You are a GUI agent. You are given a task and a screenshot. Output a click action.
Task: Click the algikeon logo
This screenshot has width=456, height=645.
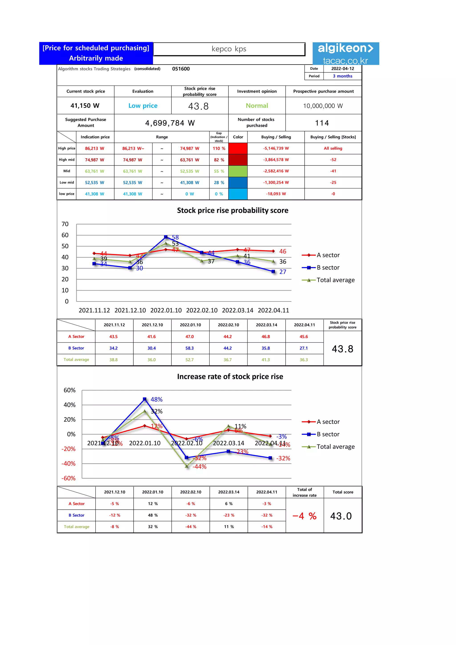point(346,53)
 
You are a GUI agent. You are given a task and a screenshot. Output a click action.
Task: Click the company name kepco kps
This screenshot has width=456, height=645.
point(229,49)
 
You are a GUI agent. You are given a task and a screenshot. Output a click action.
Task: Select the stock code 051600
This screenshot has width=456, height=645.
point(181,69)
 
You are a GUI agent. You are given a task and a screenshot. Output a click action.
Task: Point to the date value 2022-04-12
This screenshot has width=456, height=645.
point(343,69)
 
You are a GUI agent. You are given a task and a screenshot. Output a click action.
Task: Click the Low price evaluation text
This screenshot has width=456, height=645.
point(143,106)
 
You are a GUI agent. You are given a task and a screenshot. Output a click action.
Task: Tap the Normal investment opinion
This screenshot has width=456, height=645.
point(257,106)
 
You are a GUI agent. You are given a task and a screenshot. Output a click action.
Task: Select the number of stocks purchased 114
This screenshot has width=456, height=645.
point(322,123)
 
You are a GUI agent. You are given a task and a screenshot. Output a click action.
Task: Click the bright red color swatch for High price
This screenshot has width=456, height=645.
point(238,148)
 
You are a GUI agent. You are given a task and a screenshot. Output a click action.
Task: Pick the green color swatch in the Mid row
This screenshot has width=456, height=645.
point(238,171)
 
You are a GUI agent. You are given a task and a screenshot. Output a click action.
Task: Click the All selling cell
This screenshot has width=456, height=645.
point(333,148)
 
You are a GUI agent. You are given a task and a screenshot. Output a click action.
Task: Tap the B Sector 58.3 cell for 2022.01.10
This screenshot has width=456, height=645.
point(189,348)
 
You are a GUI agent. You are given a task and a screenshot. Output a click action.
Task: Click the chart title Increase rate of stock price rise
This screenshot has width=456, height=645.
point(230,376)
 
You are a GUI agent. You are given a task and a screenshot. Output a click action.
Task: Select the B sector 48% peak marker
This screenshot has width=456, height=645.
point(145,399)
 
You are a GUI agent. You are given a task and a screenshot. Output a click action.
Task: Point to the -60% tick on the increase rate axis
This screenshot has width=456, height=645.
point(69,478)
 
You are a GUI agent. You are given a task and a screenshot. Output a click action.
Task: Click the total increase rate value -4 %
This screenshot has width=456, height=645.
point(304,516)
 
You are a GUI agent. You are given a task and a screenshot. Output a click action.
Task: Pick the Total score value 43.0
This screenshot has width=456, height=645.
point(341,516)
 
